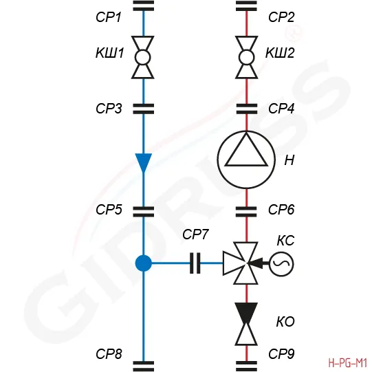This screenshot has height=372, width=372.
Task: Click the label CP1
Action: (109, 17)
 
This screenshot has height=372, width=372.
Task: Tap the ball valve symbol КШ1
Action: (143, 57)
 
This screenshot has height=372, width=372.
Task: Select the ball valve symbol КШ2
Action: (246, 57)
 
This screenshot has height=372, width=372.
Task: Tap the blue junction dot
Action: (143, 263)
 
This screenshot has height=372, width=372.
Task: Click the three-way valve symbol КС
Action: (241, 263)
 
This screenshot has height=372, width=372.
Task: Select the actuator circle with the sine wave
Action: (281, 264)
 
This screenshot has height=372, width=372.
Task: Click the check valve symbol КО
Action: (246, 324)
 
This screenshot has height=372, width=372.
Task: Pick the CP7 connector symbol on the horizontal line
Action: (195, 263)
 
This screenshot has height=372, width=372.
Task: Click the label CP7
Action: (195, 234)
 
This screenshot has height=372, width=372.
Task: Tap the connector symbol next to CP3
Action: (143, 109)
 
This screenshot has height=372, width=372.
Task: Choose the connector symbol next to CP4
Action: (246, 109)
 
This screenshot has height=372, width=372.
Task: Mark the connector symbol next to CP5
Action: (143, 212)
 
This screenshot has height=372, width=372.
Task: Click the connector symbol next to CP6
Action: (246, 212)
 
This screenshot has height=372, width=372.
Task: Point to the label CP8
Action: (109, 354)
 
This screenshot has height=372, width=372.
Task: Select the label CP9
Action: (281, 354)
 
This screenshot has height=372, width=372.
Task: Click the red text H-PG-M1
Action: (348, 363)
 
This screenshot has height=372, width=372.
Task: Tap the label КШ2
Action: (280, 53)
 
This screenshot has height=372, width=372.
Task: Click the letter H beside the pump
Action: (289, 160)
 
